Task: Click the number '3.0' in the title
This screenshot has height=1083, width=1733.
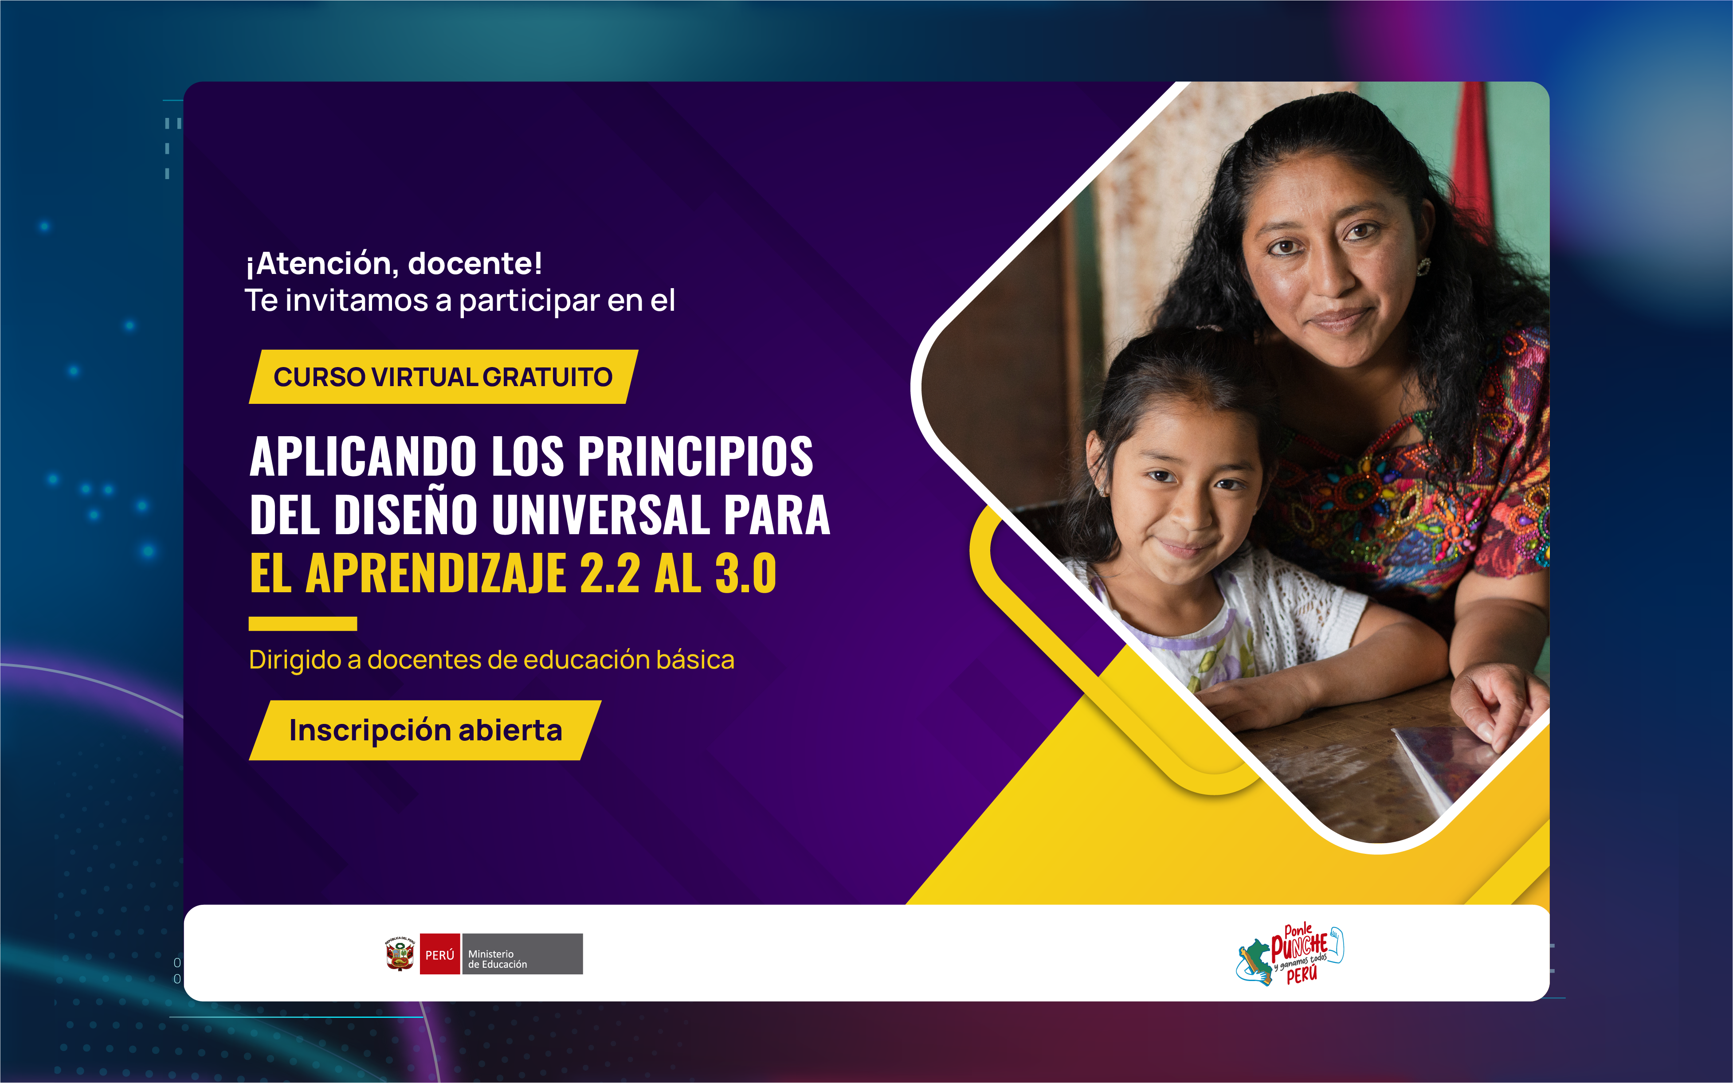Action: [746, 573]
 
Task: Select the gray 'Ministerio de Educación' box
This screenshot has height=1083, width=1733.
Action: [522, 954]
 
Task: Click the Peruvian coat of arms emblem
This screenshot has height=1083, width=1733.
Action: [400, 954]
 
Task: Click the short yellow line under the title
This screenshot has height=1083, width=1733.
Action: [303, 623]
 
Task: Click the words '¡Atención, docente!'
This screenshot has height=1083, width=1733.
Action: [394, 264]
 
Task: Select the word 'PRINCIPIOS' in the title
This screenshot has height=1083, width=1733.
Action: [696, 456]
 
